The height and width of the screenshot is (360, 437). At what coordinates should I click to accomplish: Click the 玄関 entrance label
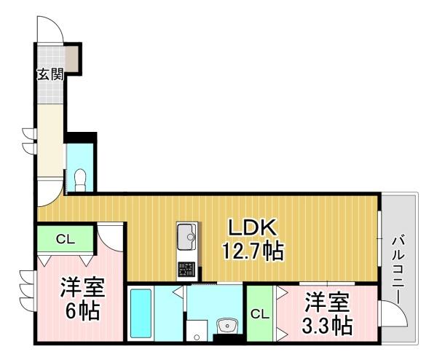pos(50,74)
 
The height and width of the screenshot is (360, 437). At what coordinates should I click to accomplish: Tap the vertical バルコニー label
pos(399,269)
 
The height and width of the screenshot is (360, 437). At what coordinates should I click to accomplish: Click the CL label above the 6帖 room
pos(66,238)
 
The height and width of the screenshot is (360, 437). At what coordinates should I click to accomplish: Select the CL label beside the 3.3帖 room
pos(259,314)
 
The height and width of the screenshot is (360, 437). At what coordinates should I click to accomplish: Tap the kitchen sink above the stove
pos(186,236)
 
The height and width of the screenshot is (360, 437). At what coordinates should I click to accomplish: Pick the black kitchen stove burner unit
pos(186,267)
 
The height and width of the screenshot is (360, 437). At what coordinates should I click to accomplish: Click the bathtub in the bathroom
pos(140,314)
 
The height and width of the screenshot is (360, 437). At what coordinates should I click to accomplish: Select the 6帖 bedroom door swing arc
pos(111,235)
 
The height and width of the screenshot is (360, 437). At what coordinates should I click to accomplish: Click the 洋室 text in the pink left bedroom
pos(82,286)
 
